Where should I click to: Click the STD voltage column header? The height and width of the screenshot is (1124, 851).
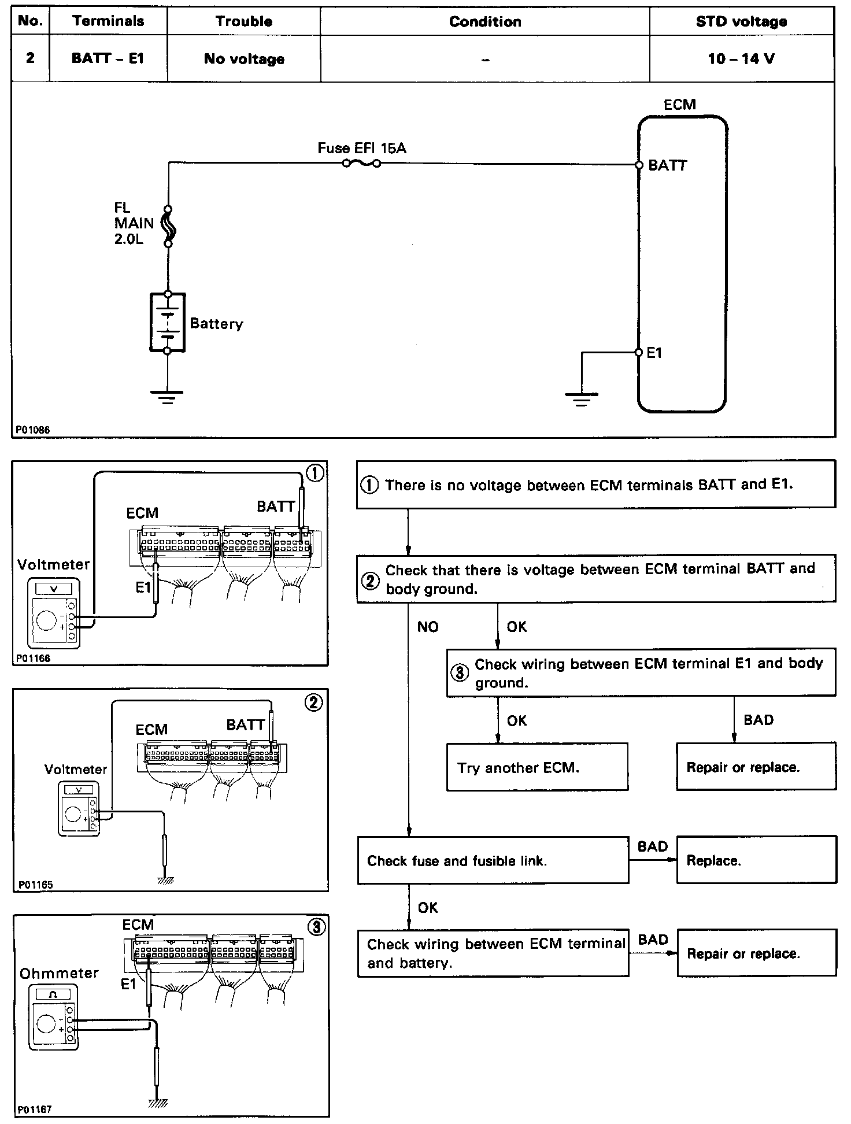coord(741,22)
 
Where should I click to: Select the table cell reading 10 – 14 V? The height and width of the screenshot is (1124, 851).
coord(741,58)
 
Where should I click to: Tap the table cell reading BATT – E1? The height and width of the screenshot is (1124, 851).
coord(108,58)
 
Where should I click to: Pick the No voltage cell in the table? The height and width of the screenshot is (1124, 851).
coord(244,59)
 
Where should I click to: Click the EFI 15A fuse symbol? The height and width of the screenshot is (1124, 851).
coord(361,164)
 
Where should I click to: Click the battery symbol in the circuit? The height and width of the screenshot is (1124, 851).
coord(168,323)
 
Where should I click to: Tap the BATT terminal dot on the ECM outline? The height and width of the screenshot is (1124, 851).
coord(639,165)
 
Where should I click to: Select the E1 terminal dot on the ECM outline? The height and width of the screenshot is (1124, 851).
coord(639,352)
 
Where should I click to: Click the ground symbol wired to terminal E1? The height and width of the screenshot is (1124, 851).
coord(582,398)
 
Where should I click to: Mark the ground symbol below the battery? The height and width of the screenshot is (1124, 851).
coord(167,396)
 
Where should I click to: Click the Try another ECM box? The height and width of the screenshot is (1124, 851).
coord(537,767)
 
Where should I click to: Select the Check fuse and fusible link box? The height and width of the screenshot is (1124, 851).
coord(493,860)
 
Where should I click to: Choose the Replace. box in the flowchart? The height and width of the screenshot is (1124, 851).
coord(756,860)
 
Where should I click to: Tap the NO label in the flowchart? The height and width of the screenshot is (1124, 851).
coord(428,627)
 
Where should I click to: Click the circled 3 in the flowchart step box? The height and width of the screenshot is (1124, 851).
coord(460,673)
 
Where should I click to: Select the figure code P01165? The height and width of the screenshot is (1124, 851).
coord(35,884)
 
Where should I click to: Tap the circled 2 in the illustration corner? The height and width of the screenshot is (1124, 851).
coord(314,703)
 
